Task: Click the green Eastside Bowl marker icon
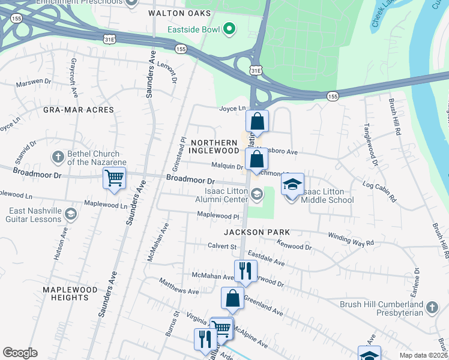[229, 28]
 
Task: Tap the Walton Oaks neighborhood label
[172, 13]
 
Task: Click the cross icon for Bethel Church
[58, 157]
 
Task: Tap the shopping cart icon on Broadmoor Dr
[113, 178]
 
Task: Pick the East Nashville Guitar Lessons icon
[71, 215]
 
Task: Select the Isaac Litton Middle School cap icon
[292, 184]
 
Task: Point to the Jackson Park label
[256, 232]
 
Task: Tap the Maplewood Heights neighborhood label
[66, 293]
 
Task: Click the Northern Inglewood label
[215, 146]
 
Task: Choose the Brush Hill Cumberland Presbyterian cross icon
[431, 308]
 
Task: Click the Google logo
[20, 353]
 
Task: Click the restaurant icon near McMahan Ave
[245, 271]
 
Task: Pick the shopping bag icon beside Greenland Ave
[232, 298]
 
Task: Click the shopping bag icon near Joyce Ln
[257, 121]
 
